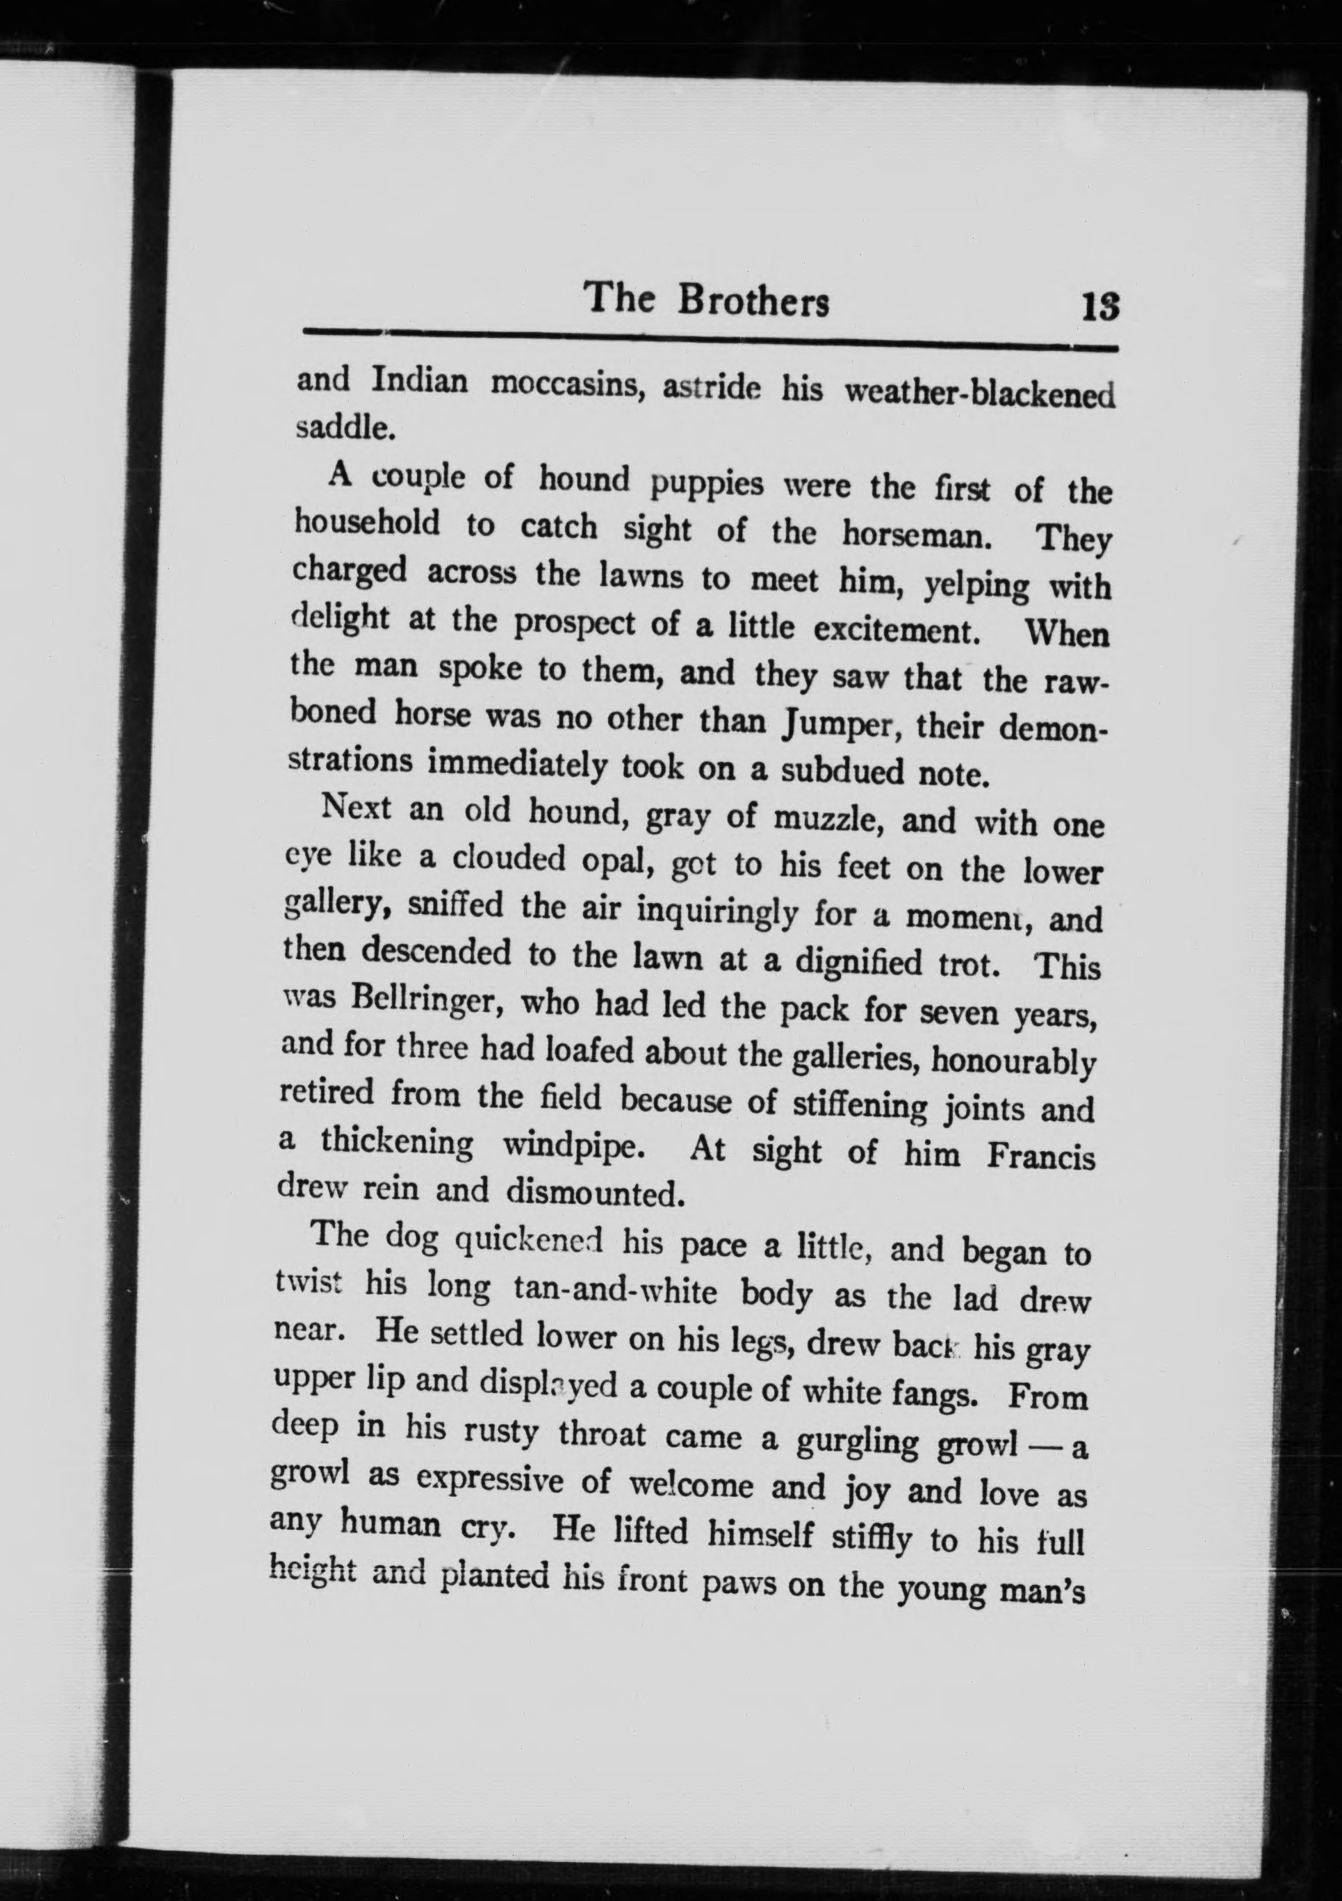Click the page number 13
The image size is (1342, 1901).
[1099, 309]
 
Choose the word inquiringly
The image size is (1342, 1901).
[718, 913]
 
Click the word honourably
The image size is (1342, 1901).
[1013, 1062]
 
